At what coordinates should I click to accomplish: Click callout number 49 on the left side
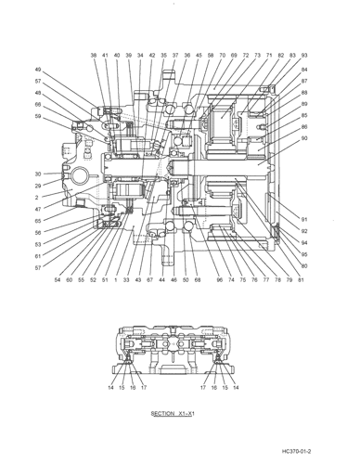click(39, 70)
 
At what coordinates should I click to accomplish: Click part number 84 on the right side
click(304, 70)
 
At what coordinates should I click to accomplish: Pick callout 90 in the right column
click(304, 138)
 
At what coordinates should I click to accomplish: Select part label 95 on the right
click(304, 253)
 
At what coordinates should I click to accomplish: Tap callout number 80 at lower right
click(304, 266)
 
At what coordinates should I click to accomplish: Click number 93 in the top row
click(304, 56)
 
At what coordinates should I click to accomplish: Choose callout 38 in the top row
click(94, 56)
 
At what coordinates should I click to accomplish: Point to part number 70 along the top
click(222, 56)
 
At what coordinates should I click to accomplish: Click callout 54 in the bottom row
click(58, 279)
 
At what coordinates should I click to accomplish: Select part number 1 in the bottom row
click(114, 279)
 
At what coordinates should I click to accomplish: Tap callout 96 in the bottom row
click(219, 279)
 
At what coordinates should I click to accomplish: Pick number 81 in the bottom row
click(301, 279)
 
